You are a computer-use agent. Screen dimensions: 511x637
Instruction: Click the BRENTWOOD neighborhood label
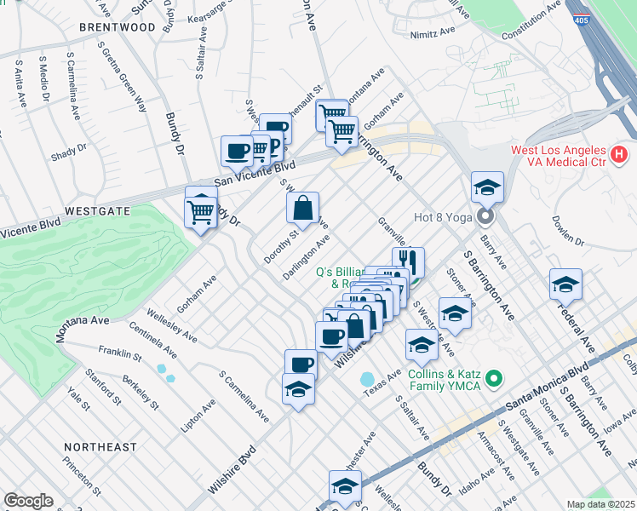pos(117,27)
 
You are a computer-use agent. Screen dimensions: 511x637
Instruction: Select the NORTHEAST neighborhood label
pos(100,446)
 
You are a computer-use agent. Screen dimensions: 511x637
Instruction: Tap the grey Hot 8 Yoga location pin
pos(486,216)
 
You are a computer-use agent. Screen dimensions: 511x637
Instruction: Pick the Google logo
pos(28,501)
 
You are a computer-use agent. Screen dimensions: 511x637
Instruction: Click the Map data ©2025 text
pos(601,504)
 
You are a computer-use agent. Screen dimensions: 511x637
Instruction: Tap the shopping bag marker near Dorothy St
pos(303,207)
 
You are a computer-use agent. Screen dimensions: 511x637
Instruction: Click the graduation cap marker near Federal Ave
pos(565,284)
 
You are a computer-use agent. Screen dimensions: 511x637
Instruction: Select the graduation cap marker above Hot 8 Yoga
pos(487,187)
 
